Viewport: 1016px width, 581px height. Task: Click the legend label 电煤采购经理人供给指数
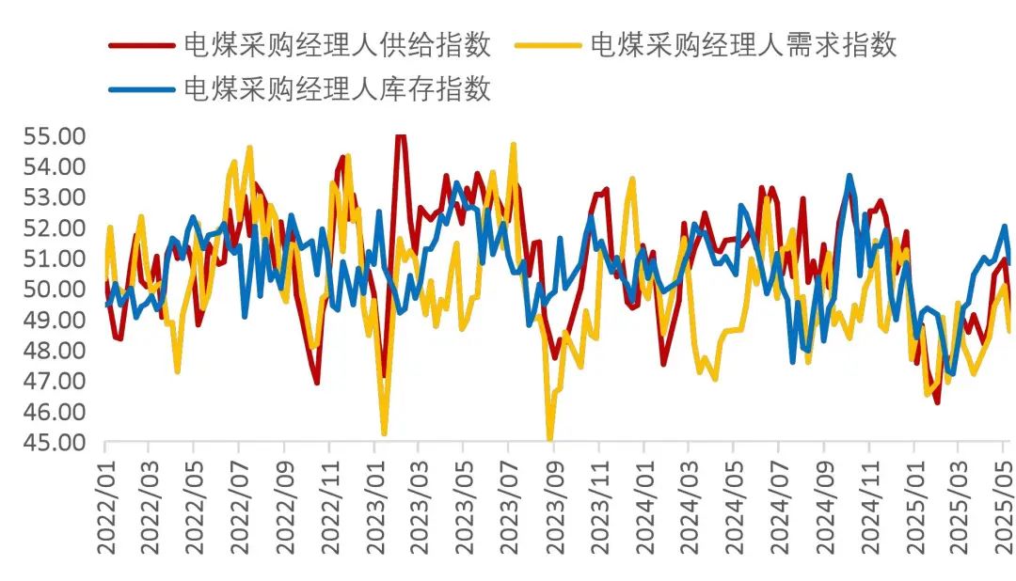tap(336, 44)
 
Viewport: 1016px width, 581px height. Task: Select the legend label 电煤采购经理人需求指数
tap(743, 44)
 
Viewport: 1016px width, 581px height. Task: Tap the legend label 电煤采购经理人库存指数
tap(336, 89)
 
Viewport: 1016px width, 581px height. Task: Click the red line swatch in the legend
tap(141, 44)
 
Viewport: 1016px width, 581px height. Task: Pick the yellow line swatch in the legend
tap(548, 44)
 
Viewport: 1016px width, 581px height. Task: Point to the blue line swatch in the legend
tap(141, 89)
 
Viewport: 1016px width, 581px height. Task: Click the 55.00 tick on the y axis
tap(55, 136)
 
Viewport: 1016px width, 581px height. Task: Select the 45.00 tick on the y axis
tap(55, 442)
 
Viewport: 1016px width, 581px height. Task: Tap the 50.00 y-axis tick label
tap(55, 290)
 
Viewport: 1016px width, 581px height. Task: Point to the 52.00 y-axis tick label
tap(55, 228)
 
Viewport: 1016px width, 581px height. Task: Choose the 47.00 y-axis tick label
tap(55, 381)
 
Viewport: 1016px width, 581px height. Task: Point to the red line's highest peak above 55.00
tap(400, 137)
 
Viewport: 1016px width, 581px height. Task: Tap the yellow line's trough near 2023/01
tap(384, 432)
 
